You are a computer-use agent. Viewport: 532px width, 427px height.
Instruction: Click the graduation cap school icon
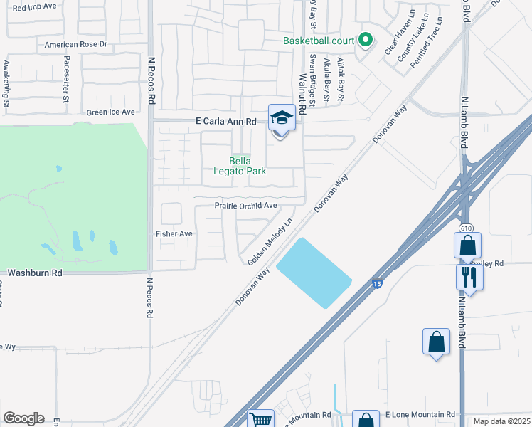pyautogui.click(x=282, y=118)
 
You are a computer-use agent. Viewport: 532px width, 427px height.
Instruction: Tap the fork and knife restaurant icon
pyautogui.click(x=469, y=276)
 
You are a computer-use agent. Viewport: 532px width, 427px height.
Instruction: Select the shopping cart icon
pyautogui.click(x=261, y=420)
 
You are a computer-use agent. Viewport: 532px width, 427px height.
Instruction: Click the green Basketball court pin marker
pyautogui.click(x=366, y=40)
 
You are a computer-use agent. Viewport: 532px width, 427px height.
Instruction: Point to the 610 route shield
pyautogui.click(x=466, y=228)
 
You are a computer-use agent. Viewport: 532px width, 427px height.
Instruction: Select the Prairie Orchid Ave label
pyautogui.click(x=245, y=206)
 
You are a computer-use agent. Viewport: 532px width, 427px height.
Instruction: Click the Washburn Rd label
pyautogui.click(x=34, y=273)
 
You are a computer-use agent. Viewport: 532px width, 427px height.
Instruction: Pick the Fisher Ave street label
pyautogui.click(x=174, y=233)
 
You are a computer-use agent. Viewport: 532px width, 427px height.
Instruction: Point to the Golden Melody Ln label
pyautogui.click(x=270, y=242)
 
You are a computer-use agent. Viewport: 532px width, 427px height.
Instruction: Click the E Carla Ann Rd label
pyautogui.click(x=225, y=122)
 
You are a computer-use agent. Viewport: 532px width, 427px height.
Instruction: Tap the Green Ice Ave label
pyautogui.click(x=110, y=112)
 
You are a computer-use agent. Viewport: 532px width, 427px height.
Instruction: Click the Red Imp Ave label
pyautogui.click(x=34, y=6)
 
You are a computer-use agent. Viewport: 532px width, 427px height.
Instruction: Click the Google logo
pyautogui.click(x=23, y=418)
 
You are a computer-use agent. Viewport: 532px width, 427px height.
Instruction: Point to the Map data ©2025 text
pyautogui.click(x=501, y=421)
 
